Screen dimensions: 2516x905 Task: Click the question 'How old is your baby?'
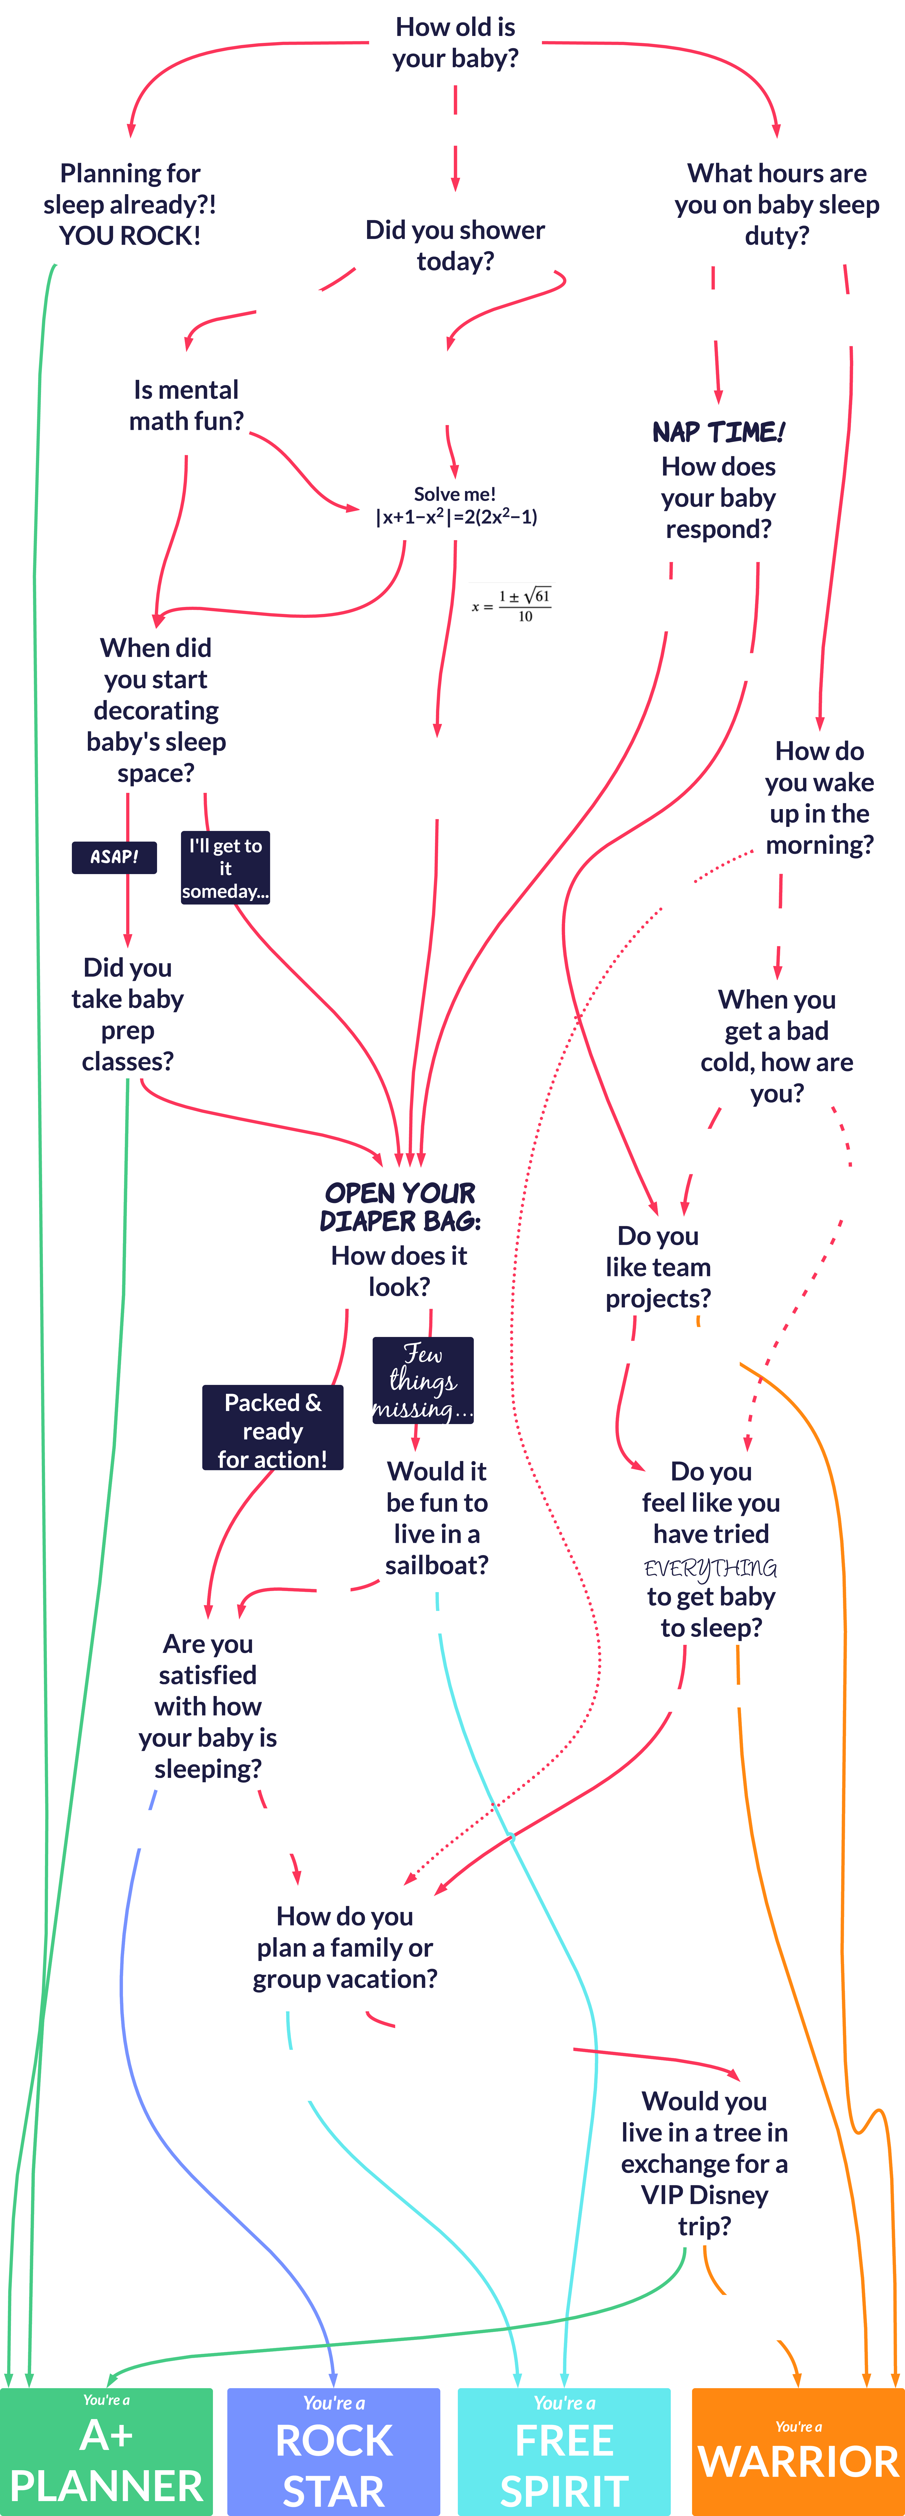coord(455,43)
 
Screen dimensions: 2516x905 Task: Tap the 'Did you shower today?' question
coord(455,245)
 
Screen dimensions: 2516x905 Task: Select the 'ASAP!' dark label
coord(114,857)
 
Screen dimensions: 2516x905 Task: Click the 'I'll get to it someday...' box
coord(225,867)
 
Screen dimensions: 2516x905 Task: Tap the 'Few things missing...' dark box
coord(423,1380)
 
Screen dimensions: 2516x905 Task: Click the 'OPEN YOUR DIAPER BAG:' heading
coord(400,1206)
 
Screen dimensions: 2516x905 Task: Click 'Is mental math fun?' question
coord(187,405)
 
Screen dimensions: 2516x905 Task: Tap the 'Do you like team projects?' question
coord(658,1267)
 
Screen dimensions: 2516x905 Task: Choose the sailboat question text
coord(436,1518)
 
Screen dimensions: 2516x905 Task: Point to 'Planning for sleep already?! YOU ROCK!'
coord(130,204)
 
